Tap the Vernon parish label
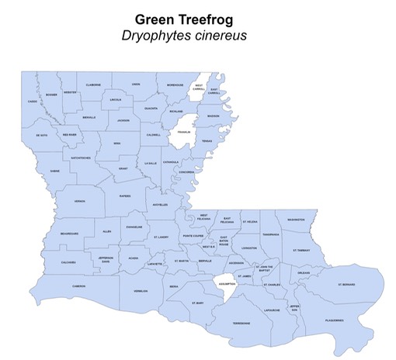(x=79, y=201)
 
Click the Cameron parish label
(x=78, y=286)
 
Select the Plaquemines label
(x=335, y=319)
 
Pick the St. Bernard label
(x=346, y=285)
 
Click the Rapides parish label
(x=124, y=196)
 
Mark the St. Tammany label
(x=301, y=251)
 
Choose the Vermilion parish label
(x=141, y=292)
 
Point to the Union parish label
(x=136, y=84)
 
